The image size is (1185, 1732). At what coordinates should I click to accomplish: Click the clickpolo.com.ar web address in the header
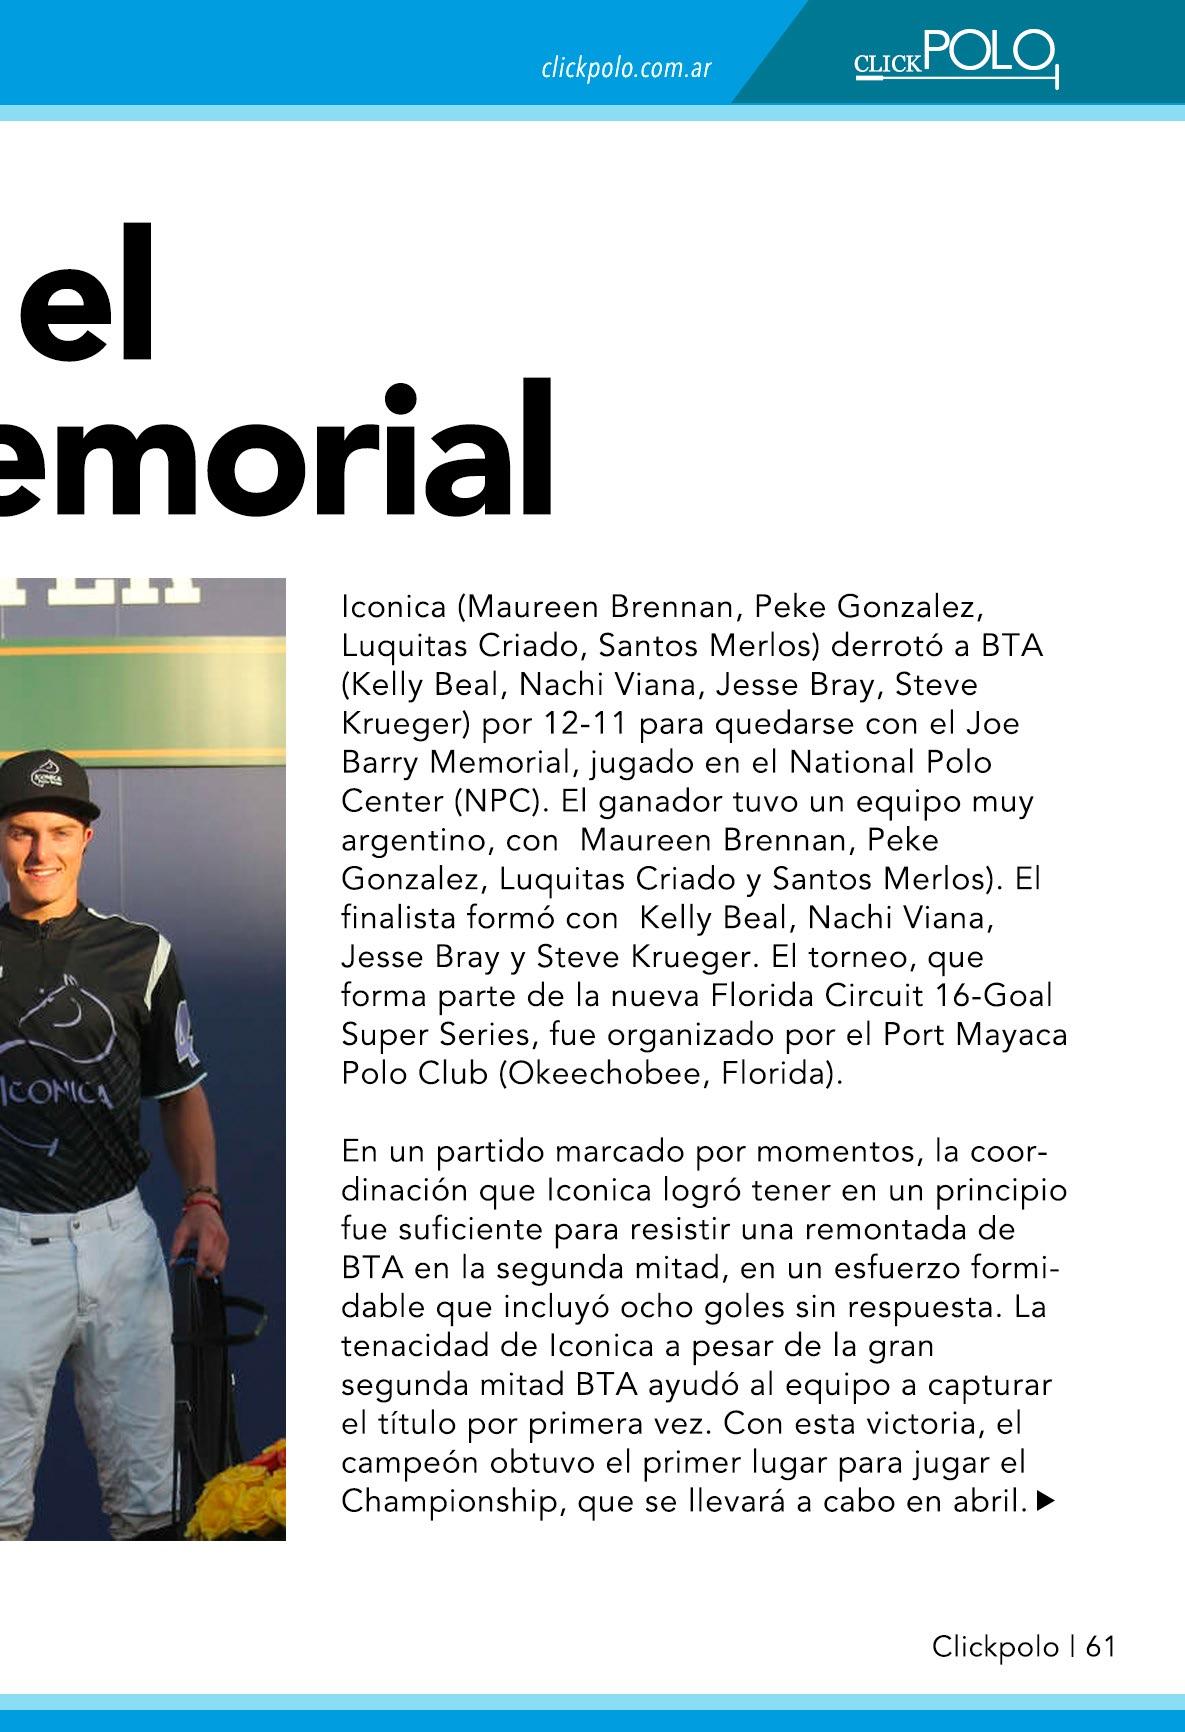[626, 69]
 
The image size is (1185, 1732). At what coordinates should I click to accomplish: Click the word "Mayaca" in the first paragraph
[1012, 1035]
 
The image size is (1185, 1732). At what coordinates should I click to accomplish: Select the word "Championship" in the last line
[446, 1501]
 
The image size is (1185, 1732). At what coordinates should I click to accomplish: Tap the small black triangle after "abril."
[1046, 1500]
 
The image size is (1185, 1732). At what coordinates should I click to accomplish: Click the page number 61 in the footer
[1100, 1646]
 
